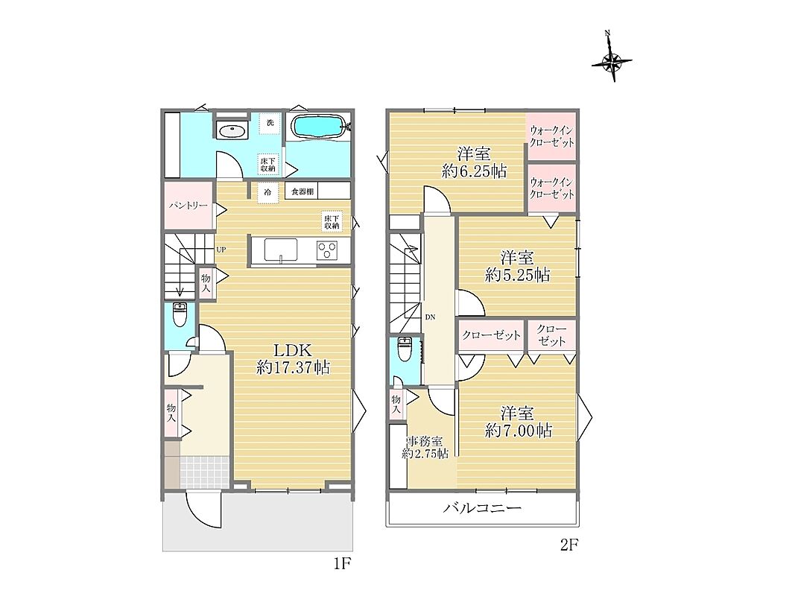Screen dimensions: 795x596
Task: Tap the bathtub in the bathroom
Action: click(318, 126)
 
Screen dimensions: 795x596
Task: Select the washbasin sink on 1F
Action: click(232, 130)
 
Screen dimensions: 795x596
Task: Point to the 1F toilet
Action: click(180, 314)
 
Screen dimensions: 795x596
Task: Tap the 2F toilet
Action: click(404, 349)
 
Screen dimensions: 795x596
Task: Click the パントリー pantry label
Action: click(188, 206)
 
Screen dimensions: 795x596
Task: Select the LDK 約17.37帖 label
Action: click(293, 358)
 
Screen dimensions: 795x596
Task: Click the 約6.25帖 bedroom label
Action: click(474, 162)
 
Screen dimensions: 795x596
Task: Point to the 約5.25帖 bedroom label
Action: click(517, 267)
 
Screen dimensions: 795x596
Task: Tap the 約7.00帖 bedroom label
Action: click(518, 422)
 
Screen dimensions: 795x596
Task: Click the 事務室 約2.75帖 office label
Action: click(425, 448)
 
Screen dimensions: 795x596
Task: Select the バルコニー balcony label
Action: click(482, 508)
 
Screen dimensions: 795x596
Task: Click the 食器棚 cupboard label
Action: click(303, 191)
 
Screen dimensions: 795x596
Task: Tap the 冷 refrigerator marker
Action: click(267, 193)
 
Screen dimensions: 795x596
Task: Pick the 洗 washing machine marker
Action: click(270, 123)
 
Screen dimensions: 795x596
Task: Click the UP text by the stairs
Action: click(221, 250)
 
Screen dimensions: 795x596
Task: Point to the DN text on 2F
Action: click(430, 318)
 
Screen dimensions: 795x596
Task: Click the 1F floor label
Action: click(342, 563)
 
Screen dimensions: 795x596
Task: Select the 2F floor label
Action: click(568, 545)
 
